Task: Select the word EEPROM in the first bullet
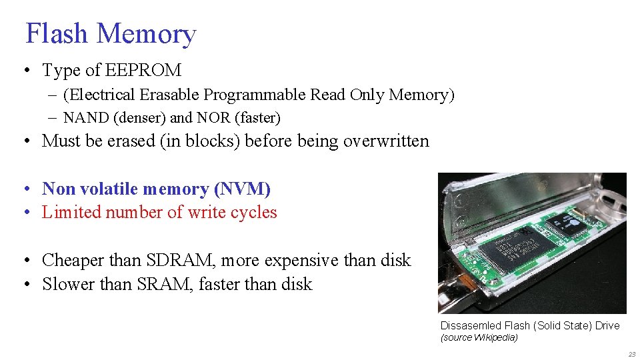pos(143,70)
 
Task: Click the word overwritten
pos(386,141)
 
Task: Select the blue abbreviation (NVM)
pos(242,189)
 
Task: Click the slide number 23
pos(631,354)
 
